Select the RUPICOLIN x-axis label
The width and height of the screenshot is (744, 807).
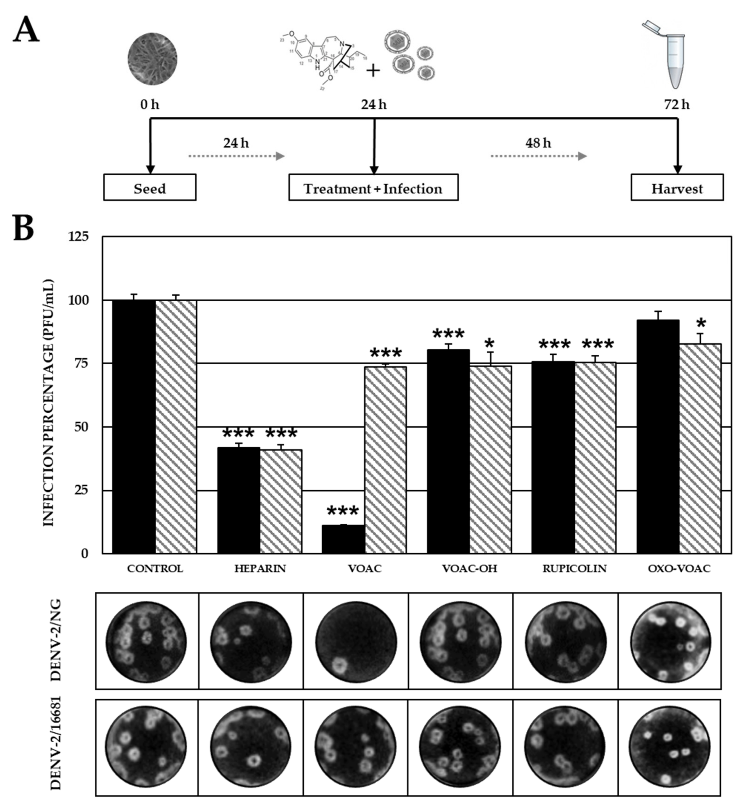pyautogui.click(x=574, y=569)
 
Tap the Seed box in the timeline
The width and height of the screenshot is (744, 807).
pyautogui.click(x=150, y=188)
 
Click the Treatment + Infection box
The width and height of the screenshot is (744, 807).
pyautogui.click(x=373, y=188)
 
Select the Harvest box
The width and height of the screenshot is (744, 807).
pyautogui.click(x=677, y=188)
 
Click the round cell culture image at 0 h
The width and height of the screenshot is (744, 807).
pyautogui.click(x=152, y=58)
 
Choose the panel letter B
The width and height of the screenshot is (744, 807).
pyautogui.click(x=24, y=229)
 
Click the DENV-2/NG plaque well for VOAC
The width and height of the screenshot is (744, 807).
pyautogui.click(x=355, y=642)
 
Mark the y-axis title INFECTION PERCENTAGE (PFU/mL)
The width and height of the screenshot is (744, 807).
pyautogui.click(x=48, y=403)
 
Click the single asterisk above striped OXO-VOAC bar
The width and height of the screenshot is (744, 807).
pyautogui.click(x=701, y=323)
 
